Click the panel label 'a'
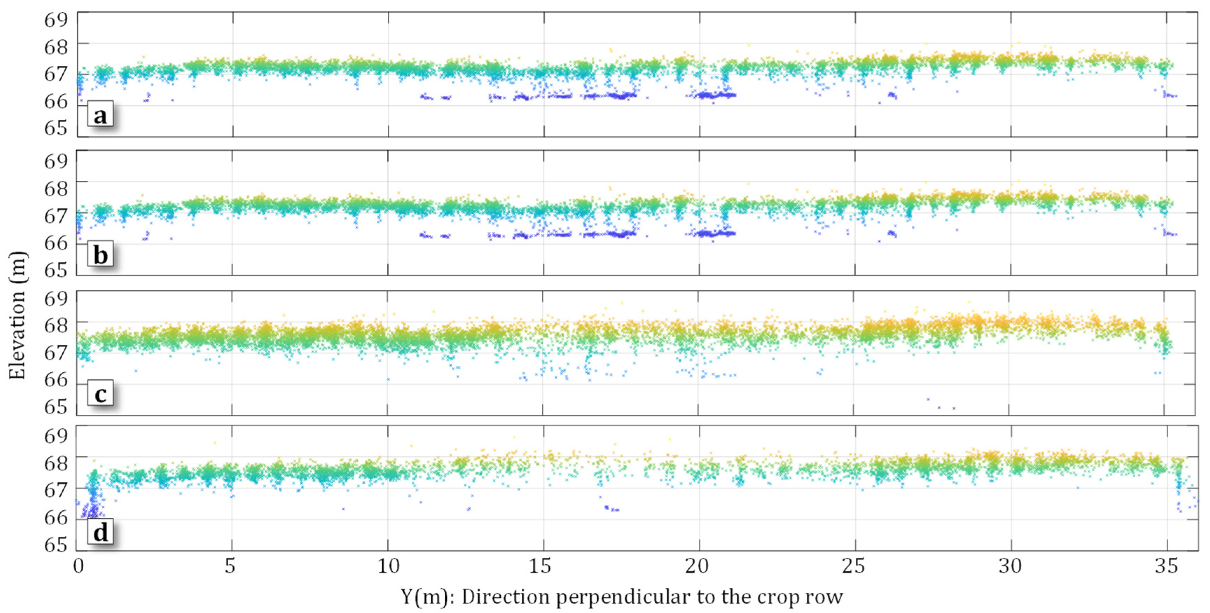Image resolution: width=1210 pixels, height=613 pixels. click(100, 116)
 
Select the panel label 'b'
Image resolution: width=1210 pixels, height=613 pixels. click(100, 255)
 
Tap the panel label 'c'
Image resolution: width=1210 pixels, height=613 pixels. click(100, 394)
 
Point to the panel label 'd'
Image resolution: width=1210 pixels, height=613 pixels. click(100, 533)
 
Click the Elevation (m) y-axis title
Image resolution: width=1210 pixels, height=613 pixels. click(18, 315)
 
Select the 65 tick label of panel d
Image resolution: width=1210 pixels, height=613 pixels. click(55, 545)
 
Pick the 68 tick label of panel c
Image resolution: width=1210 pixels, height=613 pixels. click(55, 325)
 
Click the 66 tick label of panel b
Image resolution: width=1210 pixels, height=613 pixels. click(55, 243)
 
